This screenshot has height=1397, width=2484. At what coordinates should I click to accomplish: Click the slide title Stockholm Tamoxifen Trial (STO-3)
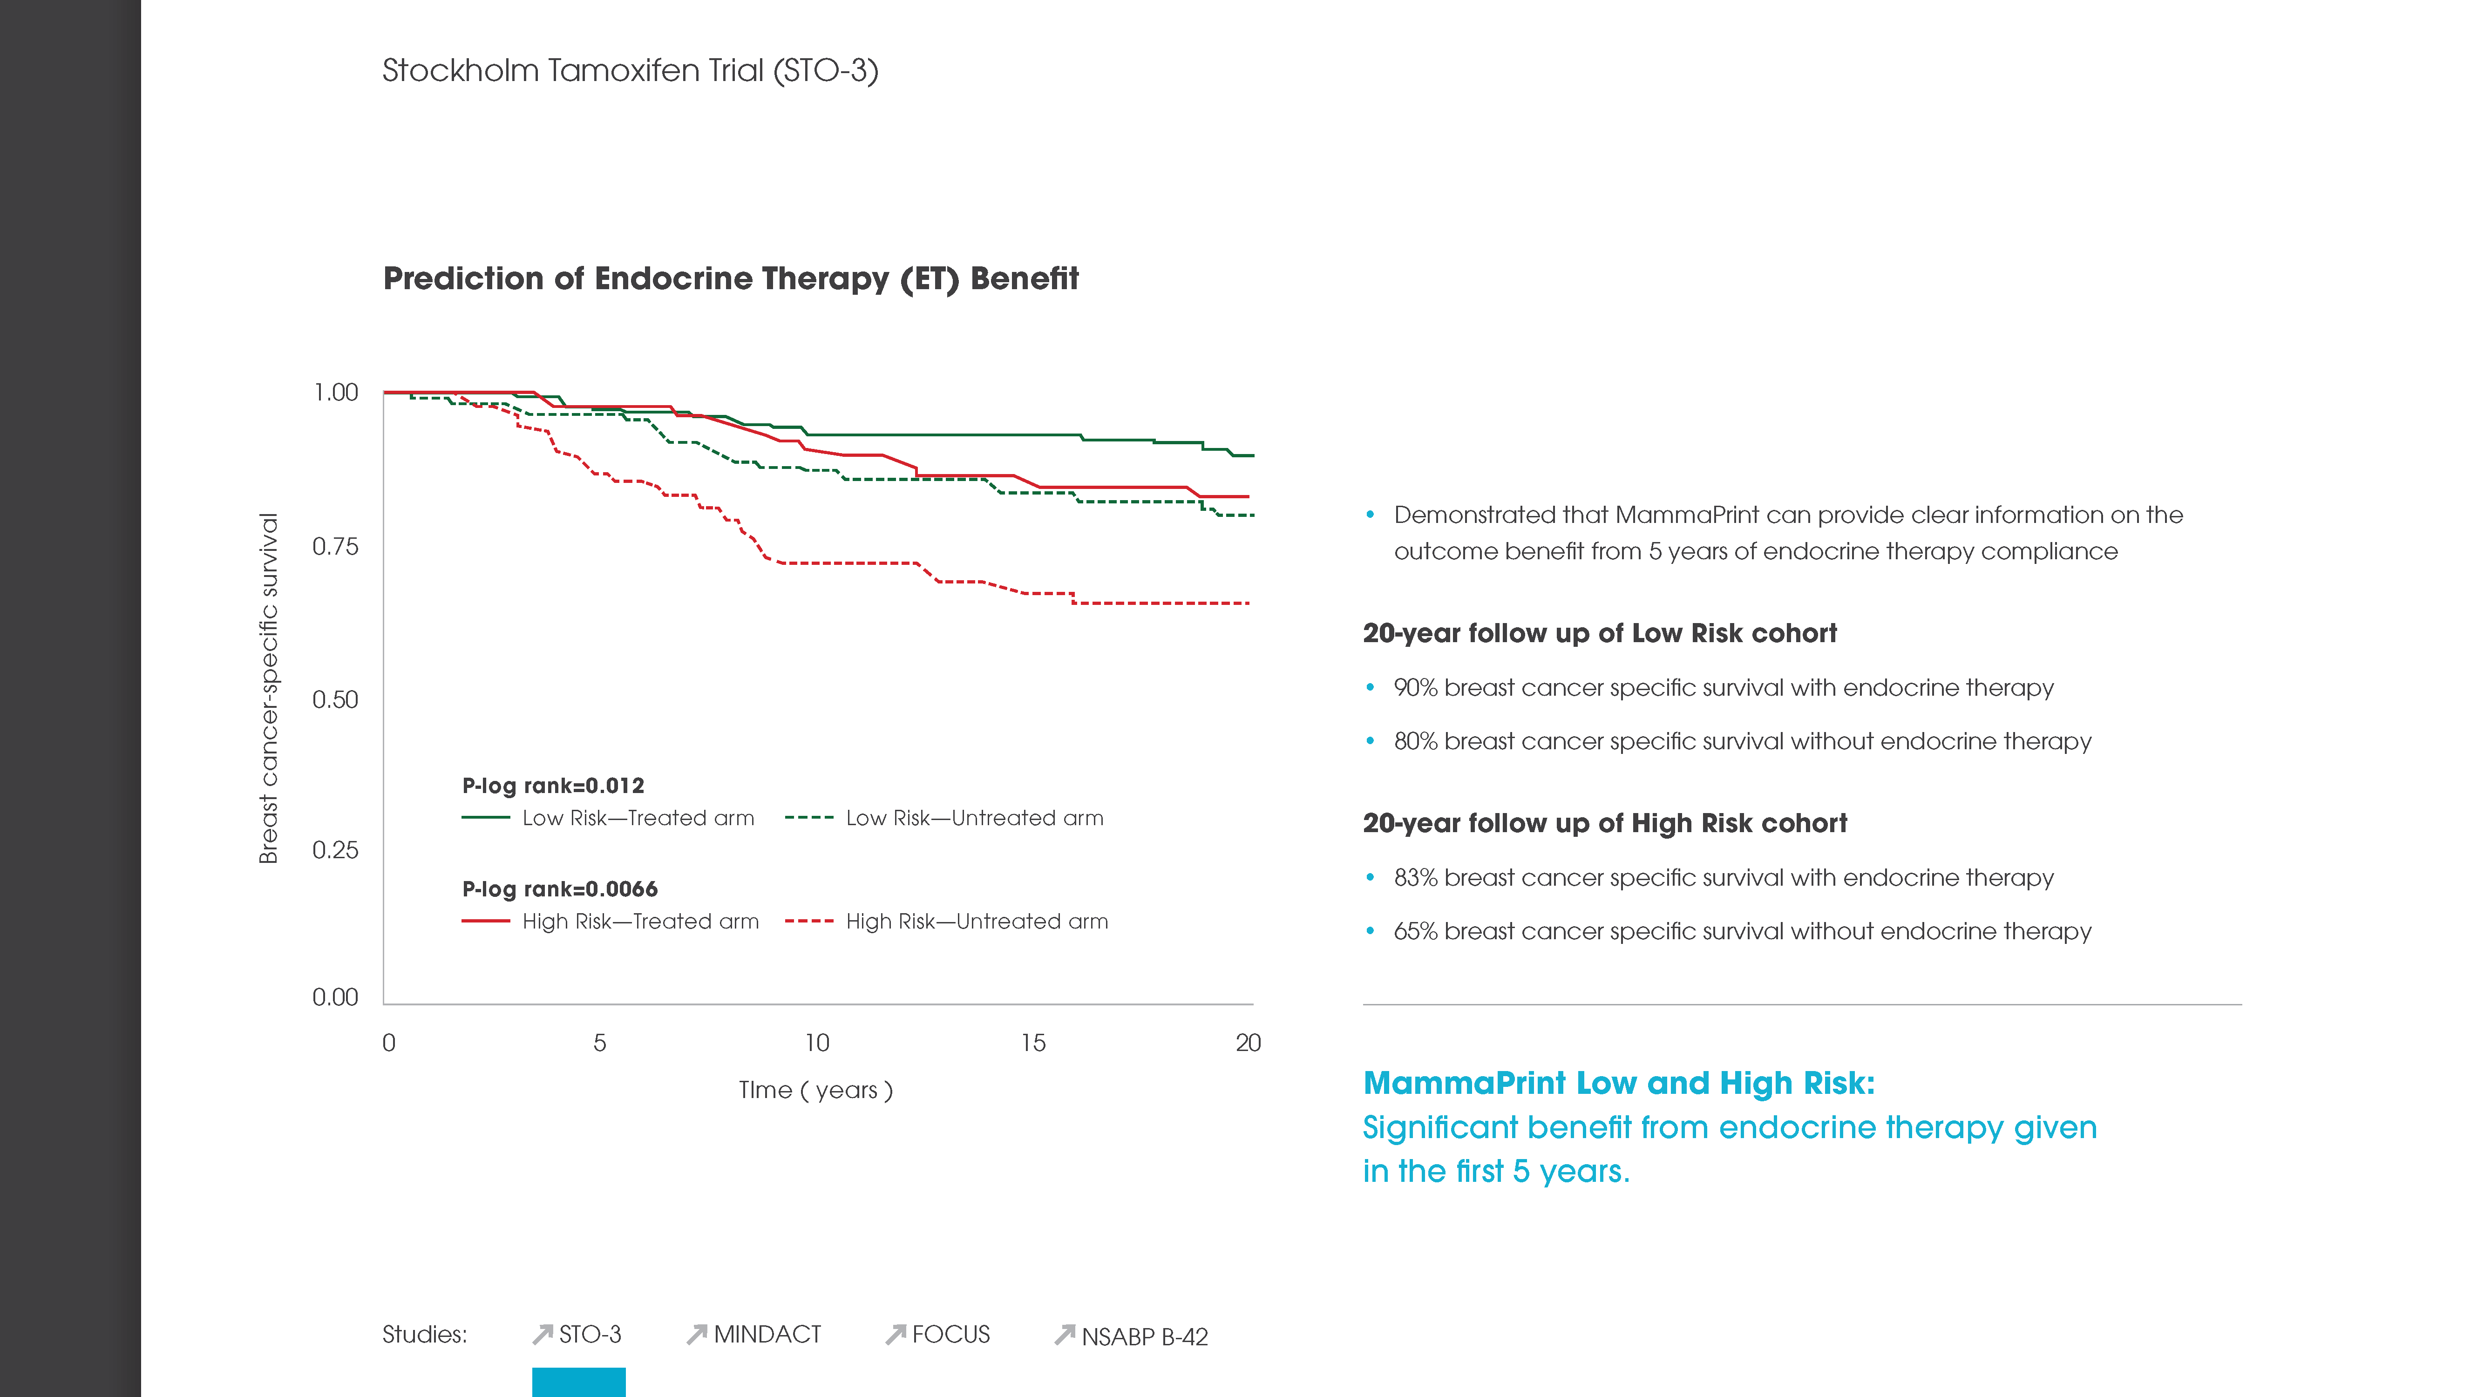[630, 70]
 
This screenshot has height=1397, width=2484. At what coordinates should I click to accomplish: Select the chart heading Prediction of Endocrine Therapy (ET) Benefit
[730, 278]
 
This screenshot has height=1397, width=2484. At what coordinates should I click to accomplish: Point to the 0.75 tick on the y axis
[335, 547]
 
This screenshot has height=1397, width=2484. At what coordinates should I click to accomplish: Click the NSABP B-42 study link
[1143, 1336]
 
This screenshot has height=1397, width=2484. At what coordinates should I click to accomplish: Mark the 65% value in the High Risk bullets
[1416, 931]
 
